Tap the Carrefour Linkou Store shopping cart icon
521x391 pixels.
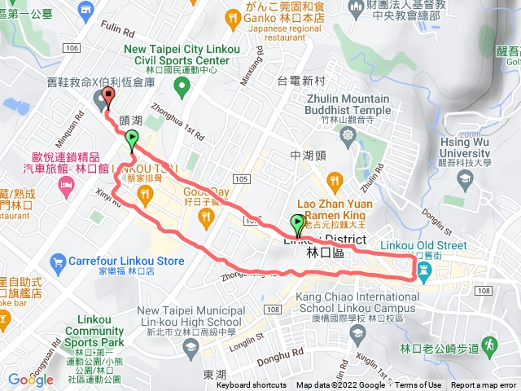[x=57, y=261]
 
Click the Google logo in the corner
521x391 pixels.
[x=30, y=380]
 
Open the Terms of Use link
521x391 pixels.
[x=418, y=385]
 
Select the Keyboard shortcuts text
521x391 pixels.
[x=252, y=385]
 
